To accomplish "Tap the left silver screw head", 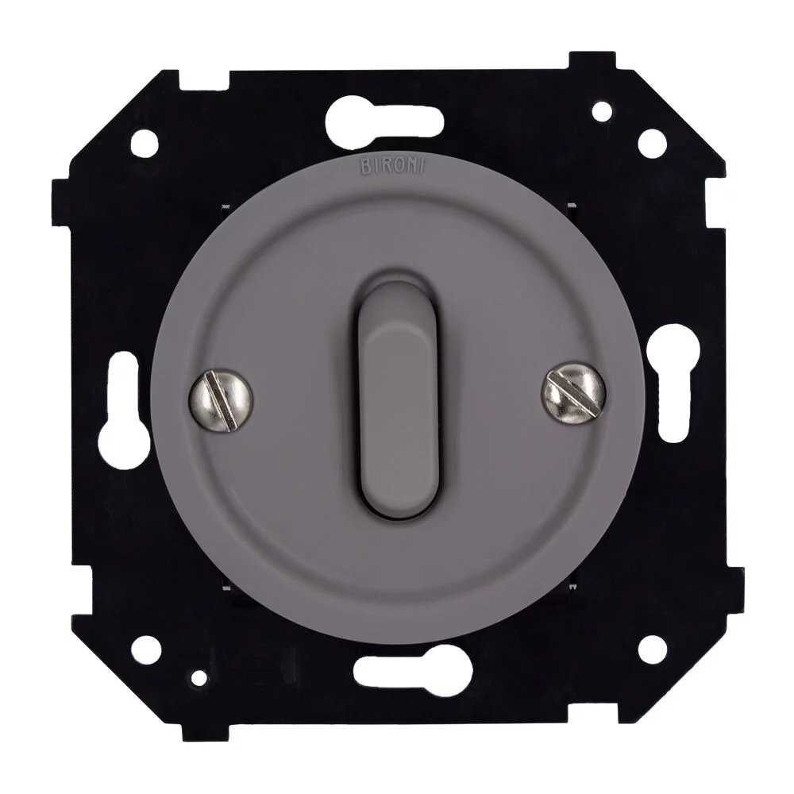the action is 221,400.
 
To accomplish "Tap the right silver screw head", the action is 574,392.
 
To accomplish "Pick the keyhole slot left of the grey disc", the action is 123,410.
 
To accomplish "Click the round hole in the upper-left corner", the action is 145,143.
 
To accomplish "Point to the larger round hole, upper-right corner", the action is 652,143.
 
